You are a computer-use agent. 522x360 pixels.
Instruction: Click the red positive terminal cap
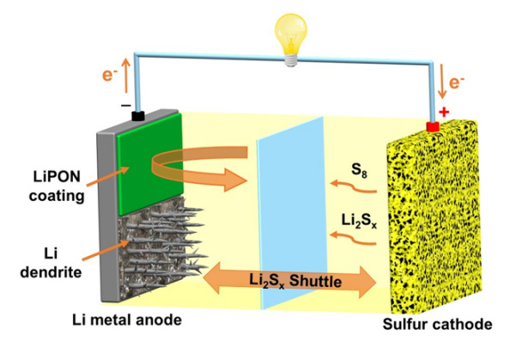tap(433, 127)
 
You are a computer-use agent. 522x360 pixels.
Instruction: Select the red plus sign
tap(444, 112)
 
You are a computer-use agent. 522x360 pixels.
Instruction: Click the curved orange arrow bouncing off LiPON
tap(206, 167)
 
